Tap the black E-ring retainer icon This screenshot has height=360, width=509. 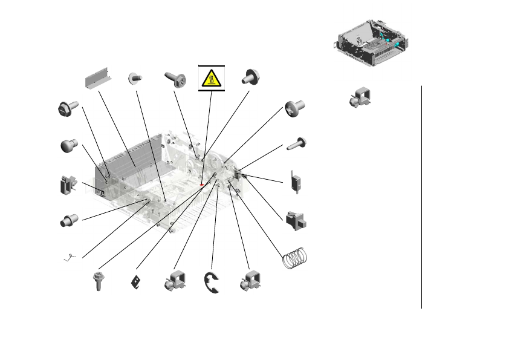pyautogui.click(x=212, y=283)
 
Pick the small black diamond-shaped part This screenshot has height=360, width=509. pyautogui.click(x=137, y=283)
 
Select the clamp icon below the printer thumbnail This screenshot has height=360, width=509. pyautogui.click(x=360, y=98)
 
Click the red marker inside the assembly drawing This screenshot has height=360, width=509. pyautogui.click(x=201, y=184)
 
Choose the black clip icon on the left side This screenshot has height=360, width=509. pyautogui.click(x=67, y=184)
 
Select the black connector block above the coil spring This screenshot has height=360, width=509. pyautogui.click(x=296, y=220)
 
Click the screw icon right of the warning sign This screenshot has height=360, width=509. pyautogui.click(x=250, y=77)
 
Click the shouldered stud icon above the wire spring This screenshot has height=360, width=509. pyautogui.click(x=68, y=220)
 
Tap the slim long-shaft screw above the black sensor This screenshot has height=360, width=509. pyautogui.click(x=297, y=143)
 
